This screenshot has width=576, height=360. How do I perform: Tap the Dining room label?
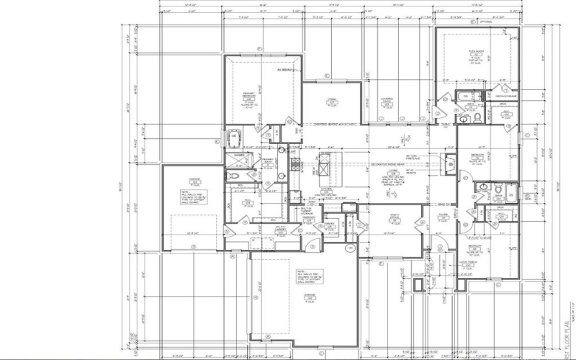point(332,102)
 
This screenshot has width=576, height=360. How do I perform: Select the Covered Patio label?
point(387,102)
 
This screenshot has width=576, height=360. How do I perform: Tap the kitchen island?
point(326,172)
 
